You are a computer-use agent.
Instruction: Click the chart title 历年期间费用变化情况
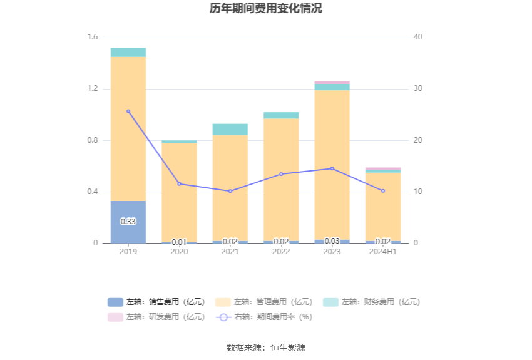click(x=266, y=9)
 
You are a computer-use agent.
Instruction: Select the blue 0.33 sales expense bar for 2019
click(x=128, y=222)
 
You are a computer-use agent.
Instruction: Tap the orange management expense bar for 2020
click(x=179, y=191)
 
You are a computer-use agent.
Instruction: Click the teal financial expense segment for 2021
click(x=230, y=130)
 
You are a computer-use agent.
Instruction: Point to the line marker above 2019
click(x=128, y=111)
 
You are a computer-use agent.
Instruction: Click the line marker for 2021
click(x=230, y=191)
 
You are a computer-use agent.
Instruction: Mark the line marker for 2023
click(x=332, y=168)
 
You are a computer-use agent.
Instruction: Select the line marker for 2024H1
click(x=383, y=191)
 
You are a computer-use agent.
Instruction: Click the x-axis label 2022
click(x=281, y=252)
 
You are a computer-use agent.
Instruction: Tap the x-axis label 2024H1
click(x=383, y=252)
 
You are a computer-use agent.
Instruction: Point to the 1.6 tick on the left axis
click(x=92, y=38)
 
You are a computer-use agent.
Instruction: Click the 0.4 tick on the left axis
click(x=92, y=192)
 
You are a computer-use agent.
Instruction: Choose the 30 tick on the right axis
click(x=418, y=89)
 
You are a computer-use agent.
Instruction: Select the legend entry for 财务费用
click(x=372, y=302)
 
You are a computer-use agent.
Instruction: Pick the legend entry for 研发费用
click(x=156, y=317)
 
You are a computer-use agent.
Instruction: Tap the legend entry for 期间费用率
click(x=264, y=317)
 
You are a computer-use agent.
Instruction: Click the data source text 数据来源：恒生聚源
click(x=266, y=347)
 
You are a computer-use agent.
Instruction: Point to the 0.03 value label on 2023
click(x=332, y=241)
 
